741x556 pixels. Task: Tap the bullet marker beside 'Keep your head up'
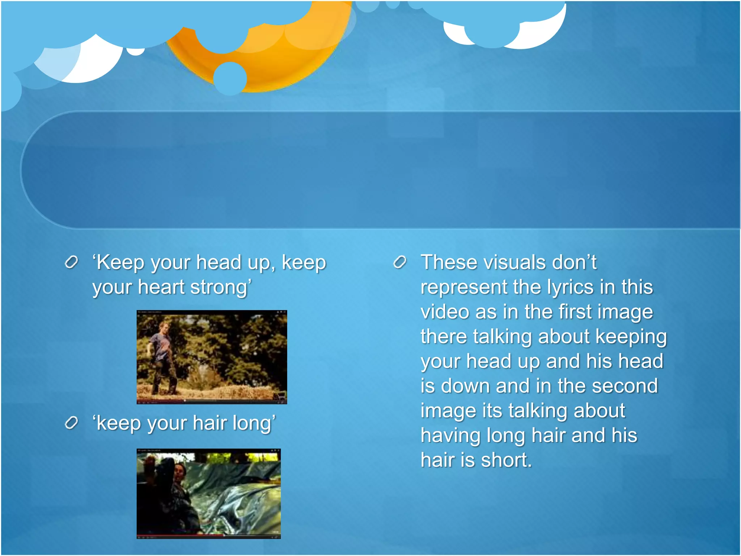click(71, 262)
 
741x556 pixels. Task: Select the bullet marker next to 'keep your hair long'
click(71, 422)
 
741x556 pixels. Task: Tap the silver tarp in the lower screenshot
click(239, 500)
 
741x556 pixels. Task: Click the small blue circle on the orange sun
click(230, 78)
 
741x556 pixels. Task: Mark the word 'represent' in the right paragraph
click(463, 287)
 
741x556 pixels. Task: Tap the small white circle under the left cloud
click(136, 51)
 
